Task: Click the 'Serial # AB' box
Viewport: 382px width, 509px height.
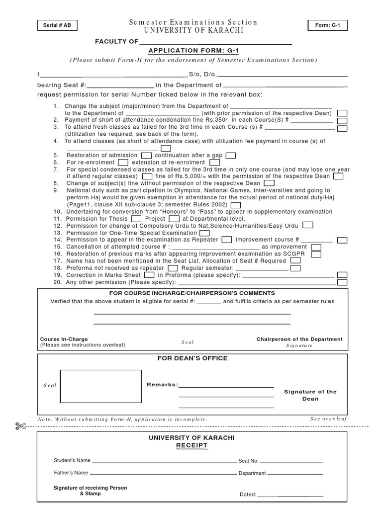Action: (x=57, y=25)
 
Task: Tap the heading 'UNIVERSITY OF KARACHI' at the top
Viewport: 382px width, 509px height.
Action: (x=193, y=31)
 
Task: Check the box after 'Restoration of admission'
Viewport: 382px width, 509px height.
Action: (x=146, y=156)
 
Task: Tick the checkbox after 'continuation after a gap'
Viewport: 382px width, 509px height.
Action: (x=231, y=156)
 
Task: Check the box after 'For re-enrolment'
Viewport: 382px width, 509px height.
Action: (x=123, y=163)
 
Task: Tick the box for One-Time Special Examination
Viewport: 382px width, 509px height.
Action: (x=204, y=233)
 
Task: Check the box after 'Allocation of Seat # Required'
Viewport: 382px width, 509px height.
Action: (x=295, y=260)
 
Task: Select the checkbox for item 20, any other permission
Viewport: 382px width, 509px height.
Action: (x=342, y=282)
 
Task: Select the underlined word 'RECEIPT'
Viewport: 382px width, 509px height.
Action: (x=191, y=446)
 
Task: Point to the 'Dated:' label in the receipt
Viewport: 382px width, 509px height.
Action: (x=248, y=495)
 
